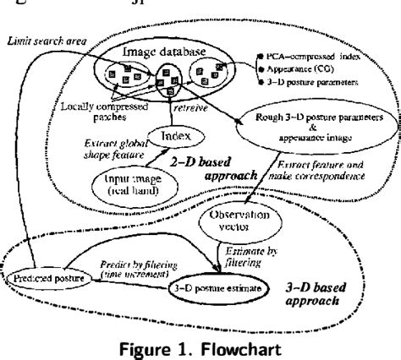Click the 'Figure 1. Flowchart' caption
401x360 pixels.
[200, 346]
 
